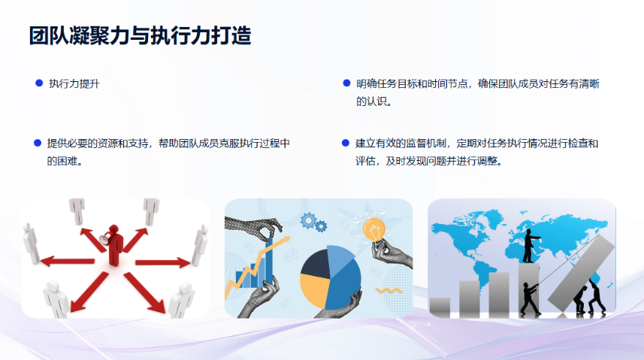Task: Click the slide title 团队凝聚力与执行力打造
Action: point(139,35)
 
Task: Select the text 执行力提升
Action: point(74,84)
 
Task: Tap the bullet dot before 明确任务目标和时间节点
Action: point(346,83)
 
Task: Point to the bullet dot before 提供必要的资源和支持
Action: point(37,143)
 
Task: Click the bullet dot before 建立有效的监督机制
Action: point(346,143)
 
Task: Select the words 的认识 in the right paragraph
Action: point(373,101)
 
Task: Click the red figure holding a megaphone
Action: point(114,244)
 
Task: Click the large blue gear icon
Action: point(308,219)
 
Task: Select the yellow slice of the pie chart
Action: point(316,289)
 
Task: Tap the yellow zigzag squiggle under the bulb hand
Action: point(389,289)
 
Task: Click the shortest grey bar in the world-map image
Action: point(440,306)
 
